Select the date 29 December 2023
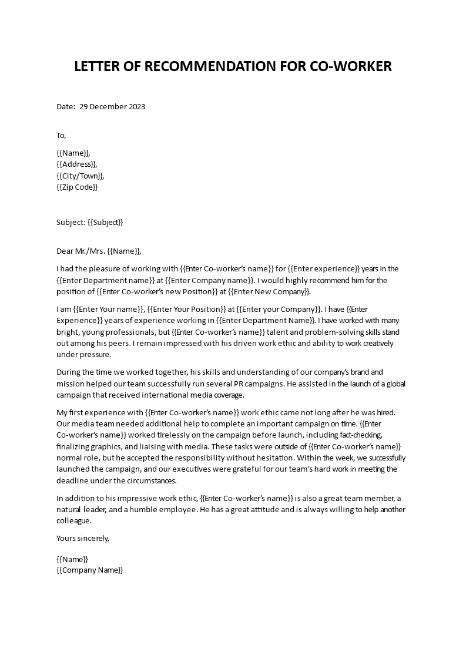coord(112,107)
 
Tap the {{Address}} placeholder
coord(76,164)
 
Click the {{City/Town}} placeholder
coord(81,176)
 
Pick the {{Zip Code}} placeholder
coord(77,187)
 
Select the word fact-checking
coord(377,435)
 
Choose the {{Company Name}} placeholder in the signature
coord(89,570)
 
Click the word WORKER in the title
coord(363,66)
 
